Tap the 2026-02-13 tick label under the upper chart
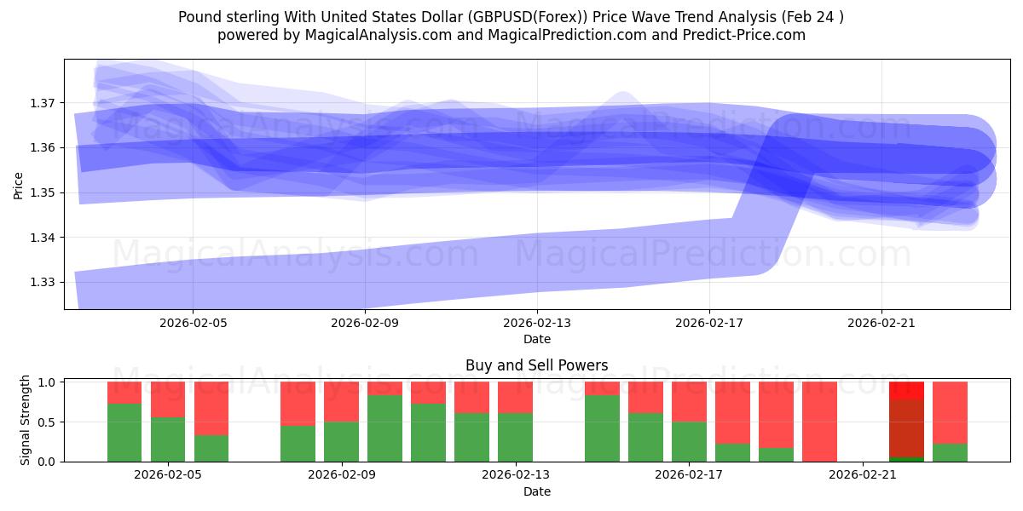(x=537, y=324)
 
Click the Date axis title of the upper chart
(x=537, y=339)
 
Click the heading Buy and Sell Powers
(x=537, y=365)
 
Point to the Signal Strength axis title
(x=26, y=420)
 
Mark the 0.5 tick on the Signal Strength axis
(x=49, y=422)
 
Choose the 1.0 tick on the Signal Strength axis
(x=49, y=382)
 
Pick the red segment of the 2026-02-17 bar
(x=689, y=401)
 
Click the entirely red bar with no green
(x=819, y=422)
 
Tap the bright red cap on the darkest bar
(x=906, y=390)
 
